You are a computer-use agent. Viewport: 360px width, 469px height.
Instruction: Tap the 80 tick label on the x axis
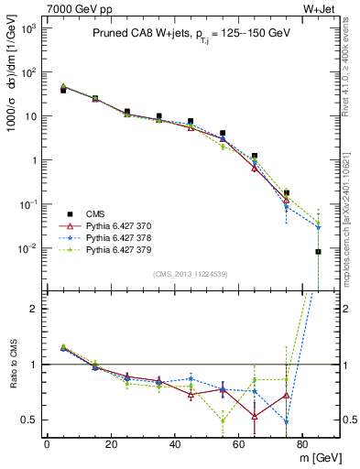coord(303,443)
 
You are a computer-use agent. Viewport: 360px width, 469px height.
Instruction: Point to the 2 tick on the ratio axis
coord(32,308)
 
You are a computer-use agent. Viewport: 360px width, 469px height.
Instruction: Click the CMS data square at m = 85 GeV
coord(318,252)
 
